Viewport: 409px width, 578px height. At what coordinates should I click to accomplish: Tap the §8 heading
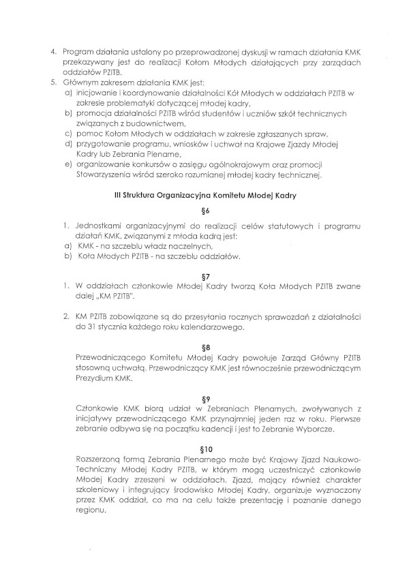205,346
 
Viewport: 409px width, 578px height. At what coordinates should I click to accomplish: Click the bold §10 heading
205,449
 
